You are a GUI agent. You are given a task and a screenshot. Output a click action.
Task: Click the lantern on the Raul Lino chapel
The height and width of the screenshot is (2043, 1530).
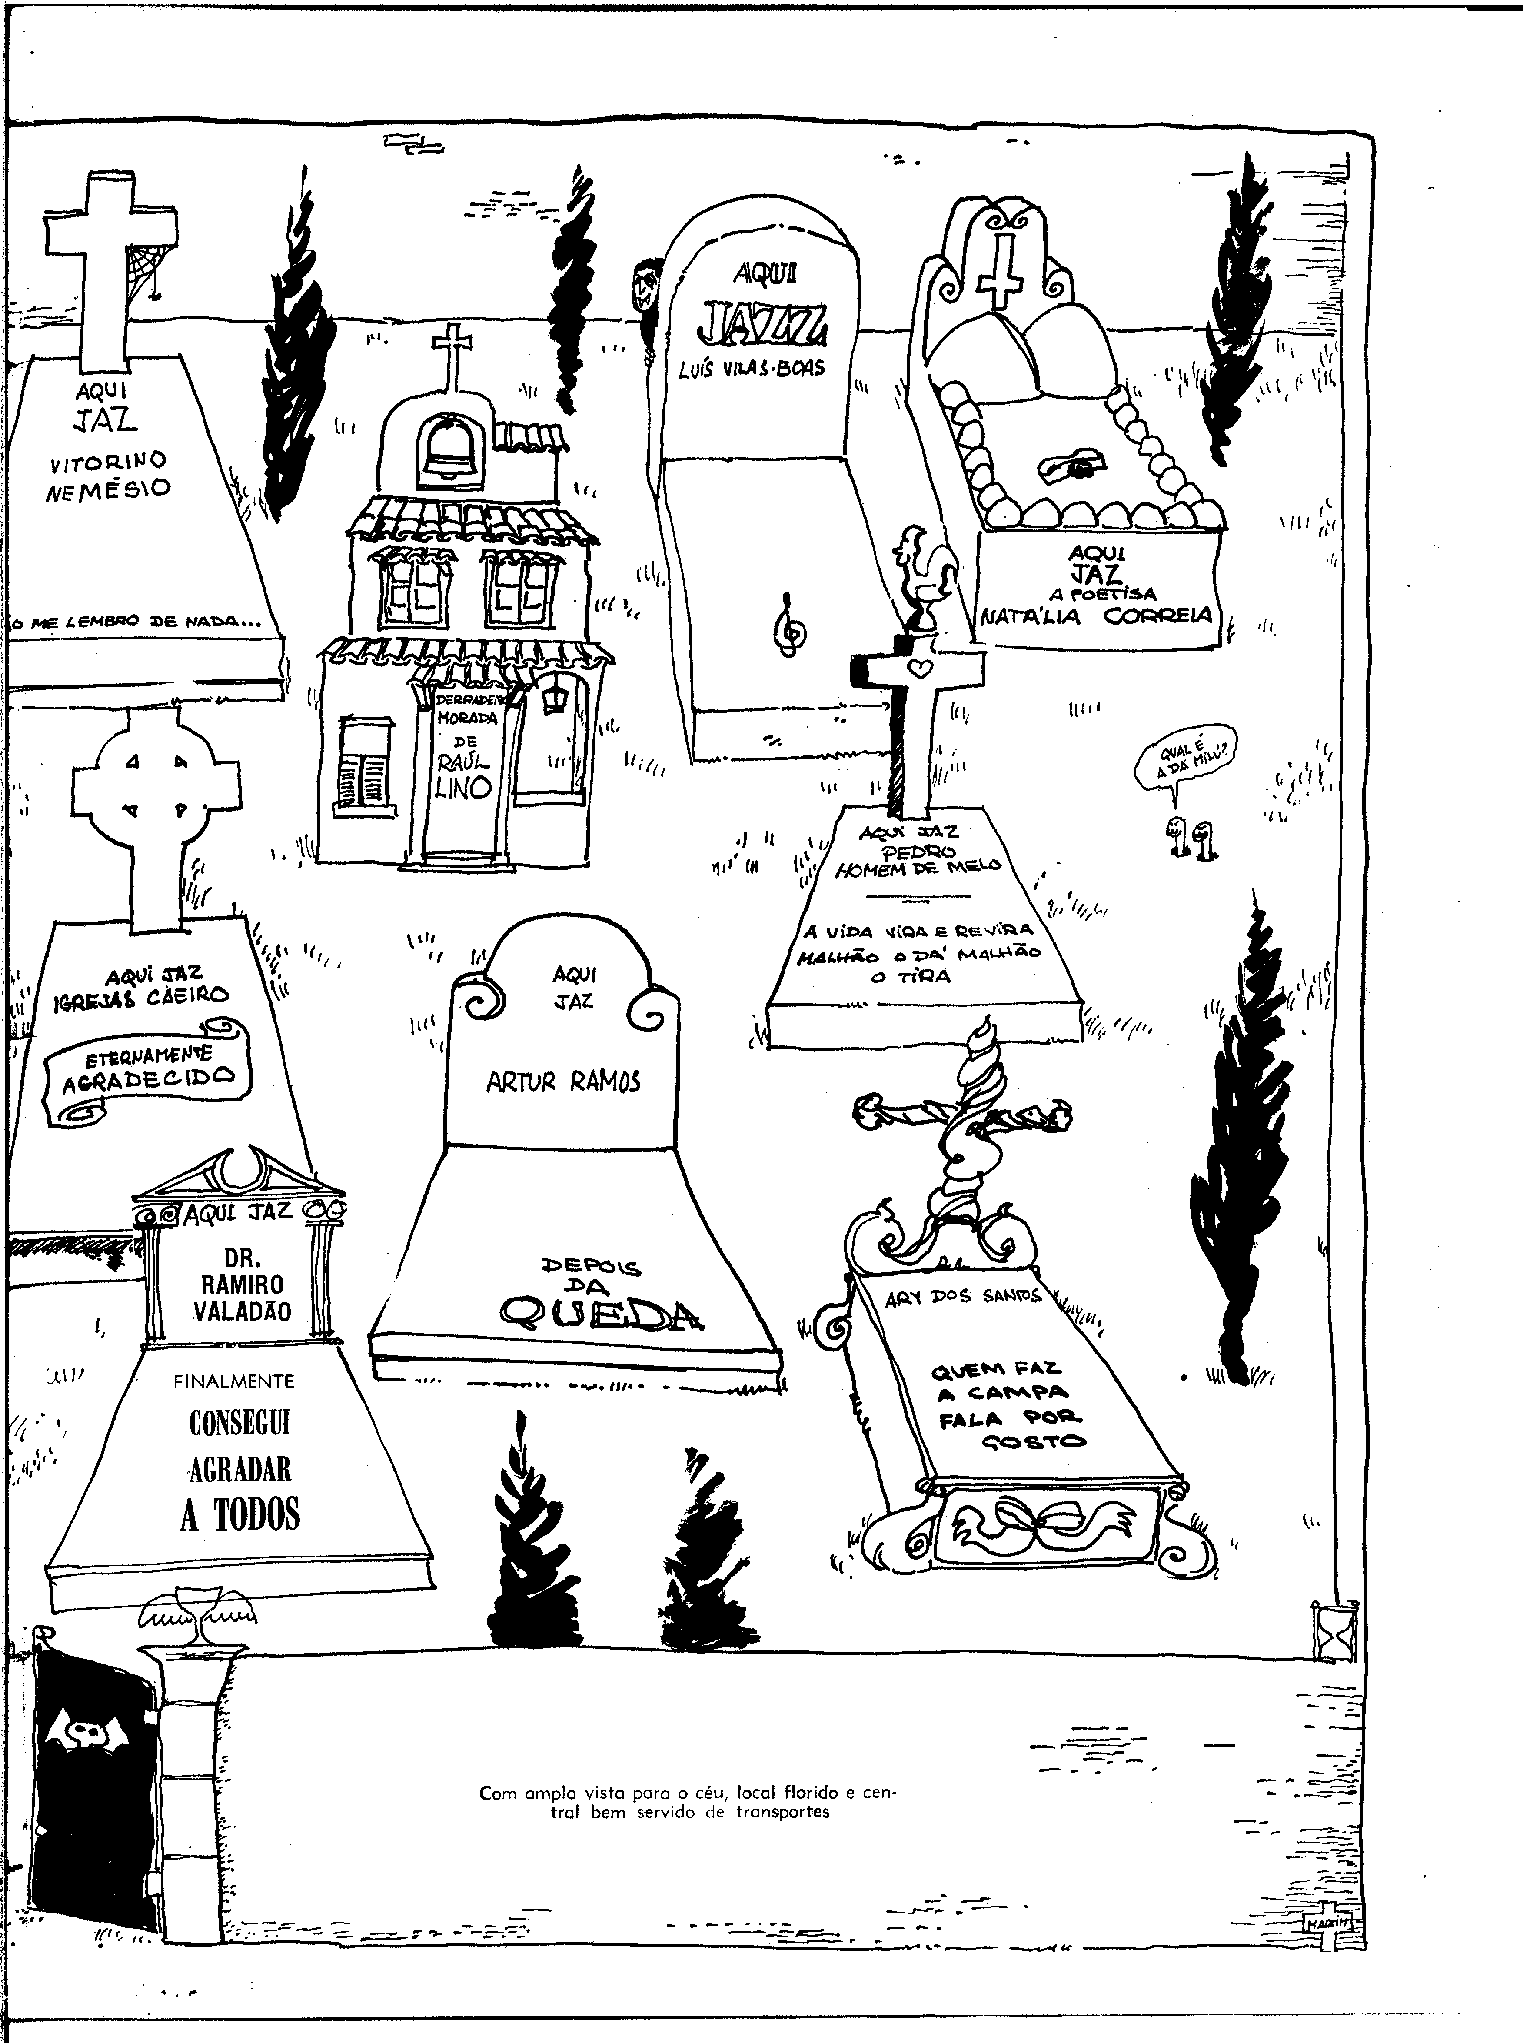point(555,697)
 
